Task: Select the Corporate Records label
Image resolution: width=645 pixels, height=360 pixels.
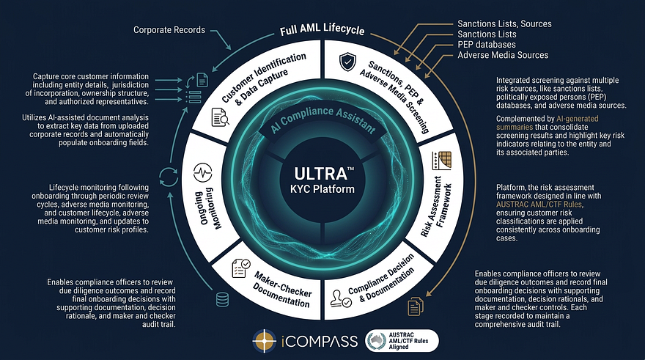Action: click(169, 29)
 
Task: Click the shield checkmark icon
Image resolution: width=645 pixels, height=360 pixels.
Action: click(347, 62)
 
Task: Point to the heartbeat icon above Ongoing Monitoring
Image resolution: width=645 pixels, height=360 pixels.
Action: click(202, 173)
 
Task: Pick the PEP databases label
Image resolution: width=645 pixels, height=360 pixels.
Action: click(487, 45)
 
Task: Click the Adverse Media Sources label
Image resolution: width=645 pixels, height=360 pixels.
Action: click(503, 55)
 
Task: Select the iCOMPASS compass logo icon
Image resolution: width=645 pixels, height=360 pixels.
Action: click(264, 341)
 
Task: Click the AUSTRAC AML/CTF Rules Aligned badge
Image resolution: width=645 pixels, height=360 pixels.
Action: click(402, 341)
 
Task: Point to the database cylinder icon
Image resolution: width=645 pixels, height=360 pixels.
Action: click(222, 300)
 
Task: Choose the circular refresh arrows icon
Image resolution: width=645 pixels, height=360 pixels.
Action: click(169, 177)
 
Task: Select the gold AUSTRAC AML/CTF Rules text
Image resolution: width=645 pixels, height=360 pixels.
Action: click(539, 205)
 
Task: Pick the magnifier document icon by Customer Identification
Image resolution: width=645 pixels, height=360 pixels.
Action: click(220, 117)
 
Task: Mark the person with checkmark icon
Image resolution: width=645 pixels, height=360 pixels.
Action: click(341, 298)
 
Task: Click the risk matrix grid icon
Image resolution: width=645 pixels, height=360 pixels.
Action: click(442, 161)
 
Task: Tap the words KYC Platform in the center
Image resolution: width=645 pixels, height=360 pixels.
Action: click(322, 189)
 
